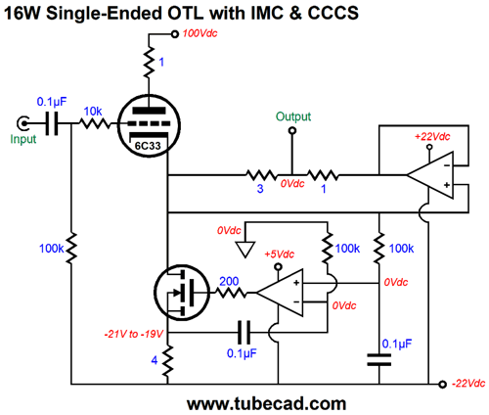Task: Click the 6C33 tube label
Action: point(148,146)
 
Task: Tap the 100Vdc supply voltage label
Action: point(200,33)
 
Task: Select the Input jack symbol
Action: point(23,123)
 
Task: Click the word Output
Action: point(293,116)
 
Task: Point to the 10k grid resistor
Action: point(95,123)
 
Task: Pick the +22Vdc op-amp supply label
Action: point(432,136)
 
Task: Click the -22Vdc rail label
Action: point(468,384)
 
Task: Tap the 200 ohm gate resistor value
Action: point(229,281)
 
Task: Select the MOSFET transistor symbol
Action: point(182,293)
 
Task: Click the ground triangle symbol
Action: point(245,250)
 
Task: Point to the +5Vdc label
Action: point(280,254)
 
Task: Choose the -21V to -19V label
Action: point(134,334)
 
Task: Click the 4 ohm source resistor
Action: point(167,361)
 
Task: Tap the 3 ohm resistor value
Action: point(260,189)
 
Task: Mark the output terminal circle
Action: point(292,131)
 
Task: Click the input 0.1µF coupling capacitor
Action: point(52,123)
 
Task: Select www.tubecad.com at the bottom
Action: point(266,403)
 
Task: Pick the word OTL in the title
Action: point(185,13)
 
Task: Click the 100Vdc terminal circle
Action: point(175,34)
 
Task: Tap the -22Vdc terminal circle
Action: point(442,385)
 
